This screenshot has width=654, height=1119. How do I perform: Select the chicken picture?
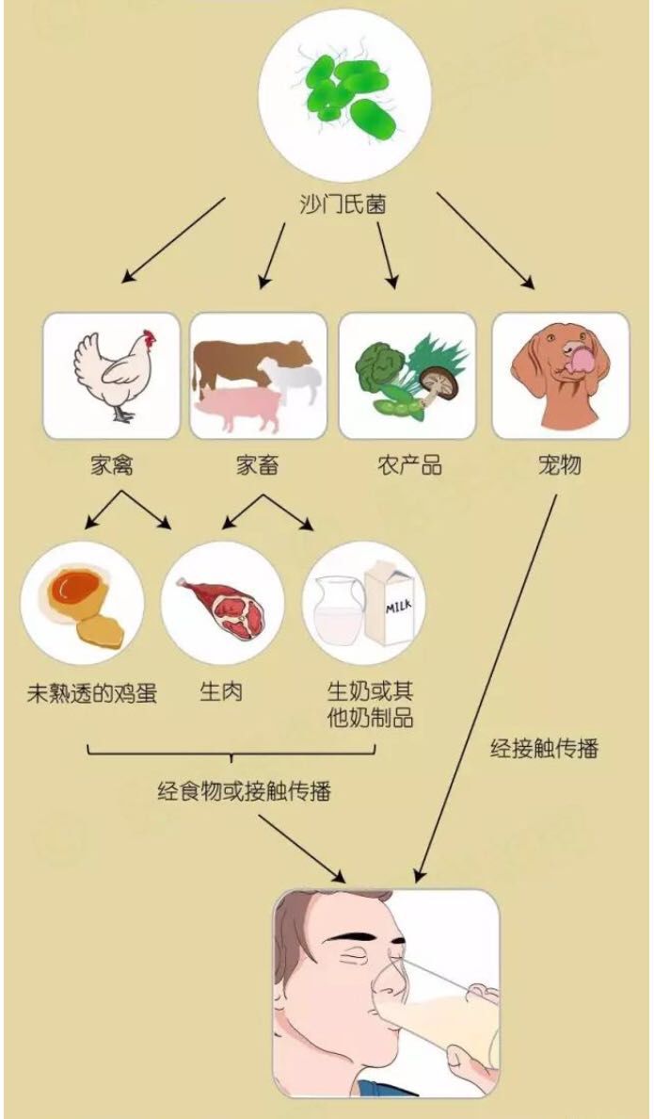coord(112,376)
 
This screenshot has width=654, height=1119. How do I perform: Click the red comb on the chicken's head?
coord(149,336)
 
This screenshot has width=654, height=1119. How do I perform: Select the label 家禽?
coord(111,464)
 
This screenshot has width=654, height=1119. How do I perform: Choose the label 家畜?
coord(258,464)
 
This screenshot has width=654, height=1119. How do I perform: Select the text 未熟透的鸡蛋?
coord(92,693)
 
